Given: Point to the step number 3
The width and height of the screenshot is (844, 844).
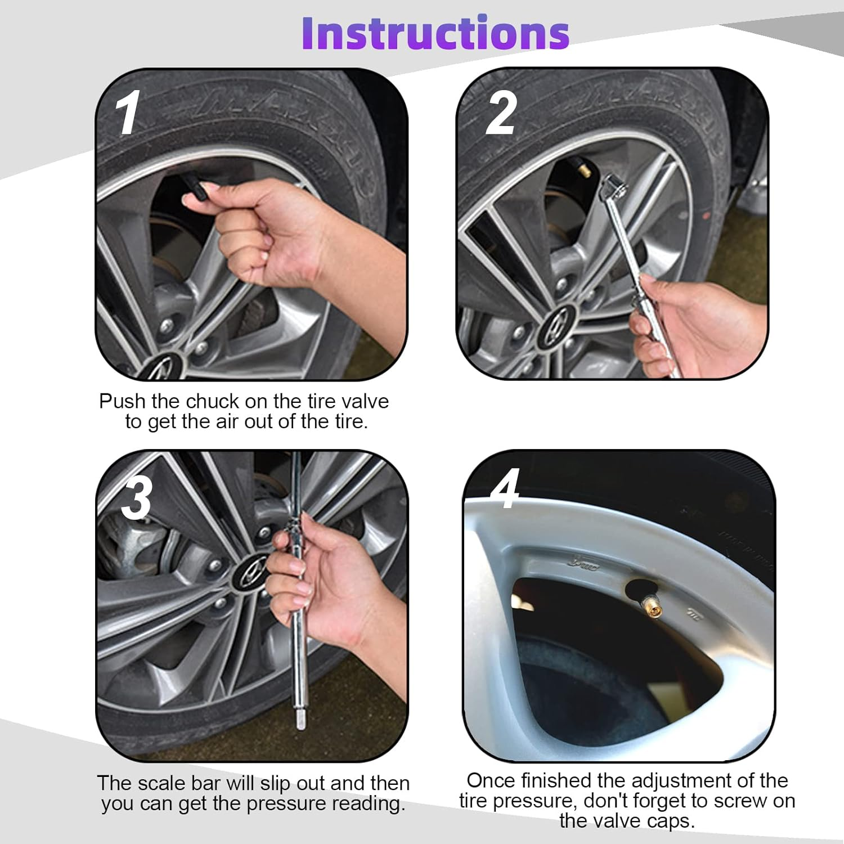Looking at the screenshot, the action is coord(137,497).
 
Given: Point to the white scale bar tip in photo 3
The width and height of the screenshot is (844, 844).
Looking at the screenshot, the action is coord(300,721).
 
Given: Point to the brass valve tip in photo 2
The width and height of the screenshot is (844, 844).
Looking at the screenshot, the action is coord(583,170).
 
